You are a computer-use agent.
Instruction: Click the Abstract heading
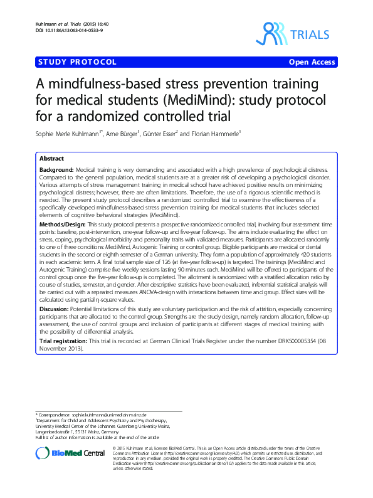(x=51, y=158)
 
